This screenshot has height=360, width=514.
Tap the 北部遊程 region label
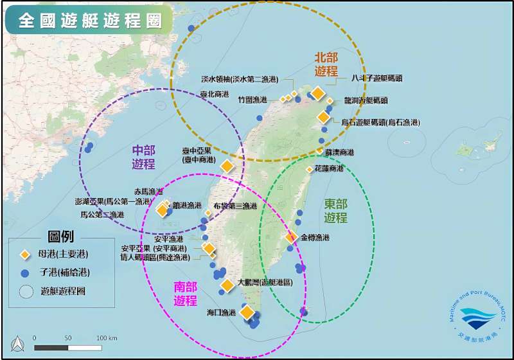[326, 64]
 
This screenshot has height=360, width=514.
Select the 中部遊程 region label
[144, 157]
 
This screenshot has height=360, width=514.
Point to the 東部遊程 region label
[335, 210]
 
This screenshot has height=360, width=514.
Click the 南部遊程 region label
[186, 293]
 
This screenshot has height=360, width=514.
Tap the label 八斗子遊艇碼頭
[377, 78]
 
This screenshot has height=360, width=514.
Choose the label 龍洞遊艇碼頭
[366, 101]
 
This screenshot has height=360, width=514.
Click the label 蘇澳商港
[339, 152]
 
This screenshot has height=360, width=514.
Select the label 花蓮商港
[329, 168]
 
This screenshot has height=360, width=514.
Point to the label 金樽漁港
[315, 238]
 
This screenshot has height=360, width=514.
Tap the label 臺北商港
[215, 94]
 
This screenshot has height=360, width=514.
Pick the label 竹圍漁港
[252, 100]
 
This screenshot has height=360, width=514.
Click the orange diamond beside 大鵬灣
[227, 285]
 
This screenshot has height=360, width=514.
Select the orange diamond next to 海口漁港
[247, 312]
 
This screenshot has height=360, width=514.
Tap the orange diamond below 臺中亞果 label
[227, 166]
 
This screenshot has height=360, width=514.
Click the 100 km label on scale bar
[106, 337]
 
